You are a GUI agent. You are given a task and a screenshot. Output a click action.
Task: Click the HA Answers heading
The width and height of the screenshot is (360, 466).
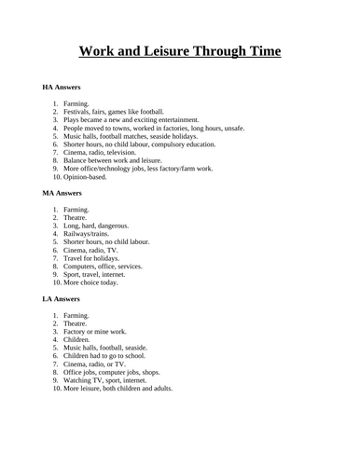point(62,87)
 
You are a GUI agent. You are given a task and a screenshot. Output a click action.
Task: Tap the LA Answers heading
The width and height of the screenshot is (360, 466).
point(62,299)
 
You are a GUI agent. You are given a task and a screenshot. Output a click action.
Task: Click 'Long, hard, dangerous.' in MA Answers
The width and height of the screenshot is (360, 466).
point(97,226)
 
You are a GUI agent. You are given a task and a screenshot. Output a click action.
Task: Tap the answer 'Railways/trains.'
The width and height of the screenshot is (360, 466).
point(89,234)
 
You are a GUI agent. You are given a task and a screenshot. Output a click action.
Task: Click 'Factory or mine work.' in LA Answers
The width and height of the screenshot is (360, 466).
point(97,332)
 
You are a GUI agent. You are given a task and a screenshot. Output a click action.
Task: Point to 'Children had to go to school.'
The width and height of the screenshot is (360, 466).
point(106,356)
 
